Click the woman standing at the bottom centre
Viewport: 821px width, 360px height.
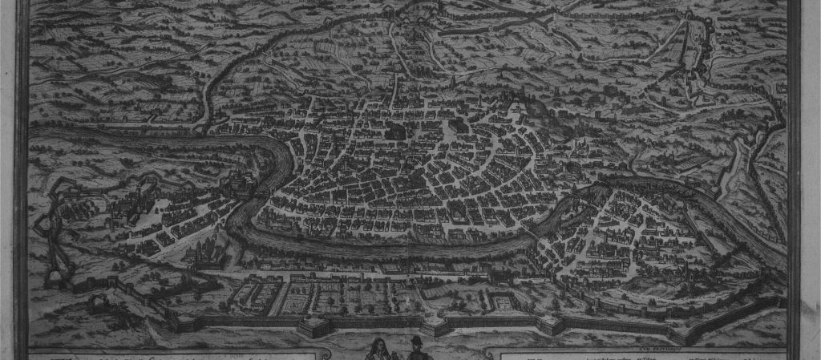pos(375,348)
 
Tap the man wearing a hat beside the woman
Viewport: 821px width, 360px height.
pos(416,348)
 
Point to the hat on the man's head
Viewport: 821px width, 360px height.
pos(416,338)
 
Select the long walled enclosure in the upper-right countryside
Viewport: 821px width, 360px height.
pos(688,56)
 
